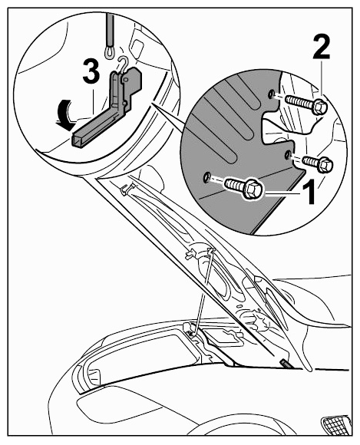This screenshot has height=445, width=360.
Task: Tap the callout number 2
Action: [322, 48]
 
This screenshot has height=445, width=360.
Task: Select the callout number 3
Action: [91, 72]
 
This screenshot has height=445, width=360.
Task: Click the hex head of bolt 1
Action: [253, 188]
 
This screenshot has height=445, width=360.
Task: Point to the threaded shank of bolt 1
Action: [234, 183]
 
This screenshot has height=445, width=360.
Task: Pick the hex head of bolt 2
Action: [319, 107]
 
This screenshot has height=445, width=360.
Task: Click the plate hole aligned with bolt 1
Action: [206, 178]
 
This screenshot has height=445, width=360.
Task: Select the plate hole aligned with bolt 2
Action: [272, 94]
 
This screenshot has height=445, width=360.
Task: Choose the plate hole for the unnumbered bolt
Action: [288, 155]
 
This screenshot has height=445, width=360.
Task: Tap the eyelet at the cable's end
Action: [109, 52]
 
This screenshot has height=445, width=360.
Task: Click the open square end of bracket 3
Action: [77, 141]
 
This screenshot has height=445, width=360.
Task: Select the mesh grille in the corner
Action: [337, 425]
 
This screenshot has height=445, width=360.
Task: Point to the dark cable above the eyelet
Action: [110, 31]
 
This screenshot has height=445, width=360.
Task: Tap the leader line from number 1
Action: [282, 193]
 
